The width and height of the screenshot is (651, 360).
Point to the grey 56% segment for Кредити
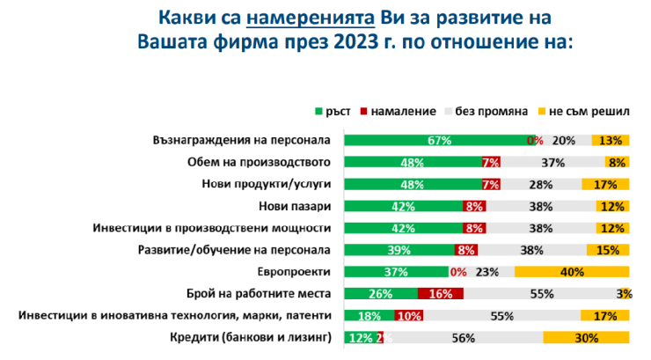coord(463,338)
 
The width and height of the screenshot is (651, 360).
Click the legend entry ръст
coord(338,112)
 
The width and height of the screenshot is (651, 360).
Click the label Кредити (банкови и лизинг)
coord(254,338)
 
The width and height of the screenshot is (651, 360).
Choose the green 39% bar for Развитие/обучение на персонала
coord(398,250)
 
